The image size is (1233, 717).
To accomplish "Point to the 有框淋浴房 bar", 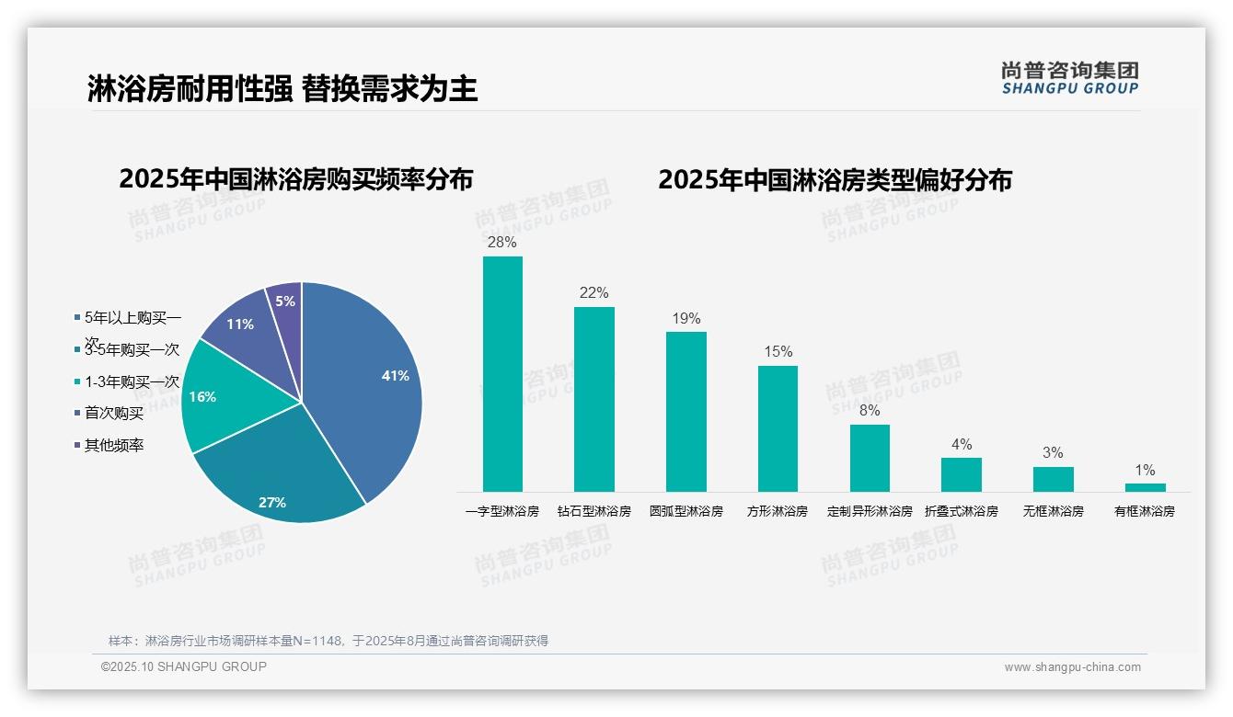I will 1145,487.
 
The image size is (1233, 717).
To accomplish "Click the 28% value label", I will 502,243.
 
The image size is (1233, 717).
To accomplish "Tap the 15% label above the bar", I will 778,352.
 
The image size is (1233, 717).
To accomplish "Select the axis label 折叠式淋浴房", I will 961,511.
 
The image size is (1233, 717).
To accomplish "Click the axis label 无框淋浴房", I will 1053,511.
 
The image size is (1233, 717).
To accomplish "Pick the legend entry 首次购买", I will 114,414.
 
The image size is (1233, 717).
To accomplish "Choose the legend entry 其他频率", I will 114,446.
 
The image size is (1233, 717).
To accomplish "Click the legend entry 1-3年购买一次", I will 132,382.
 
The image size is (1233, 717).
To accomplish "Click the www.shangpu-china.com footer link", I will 1072,667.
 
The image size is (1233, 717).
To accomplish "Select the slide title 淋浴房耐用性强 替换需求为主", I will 282,89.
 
